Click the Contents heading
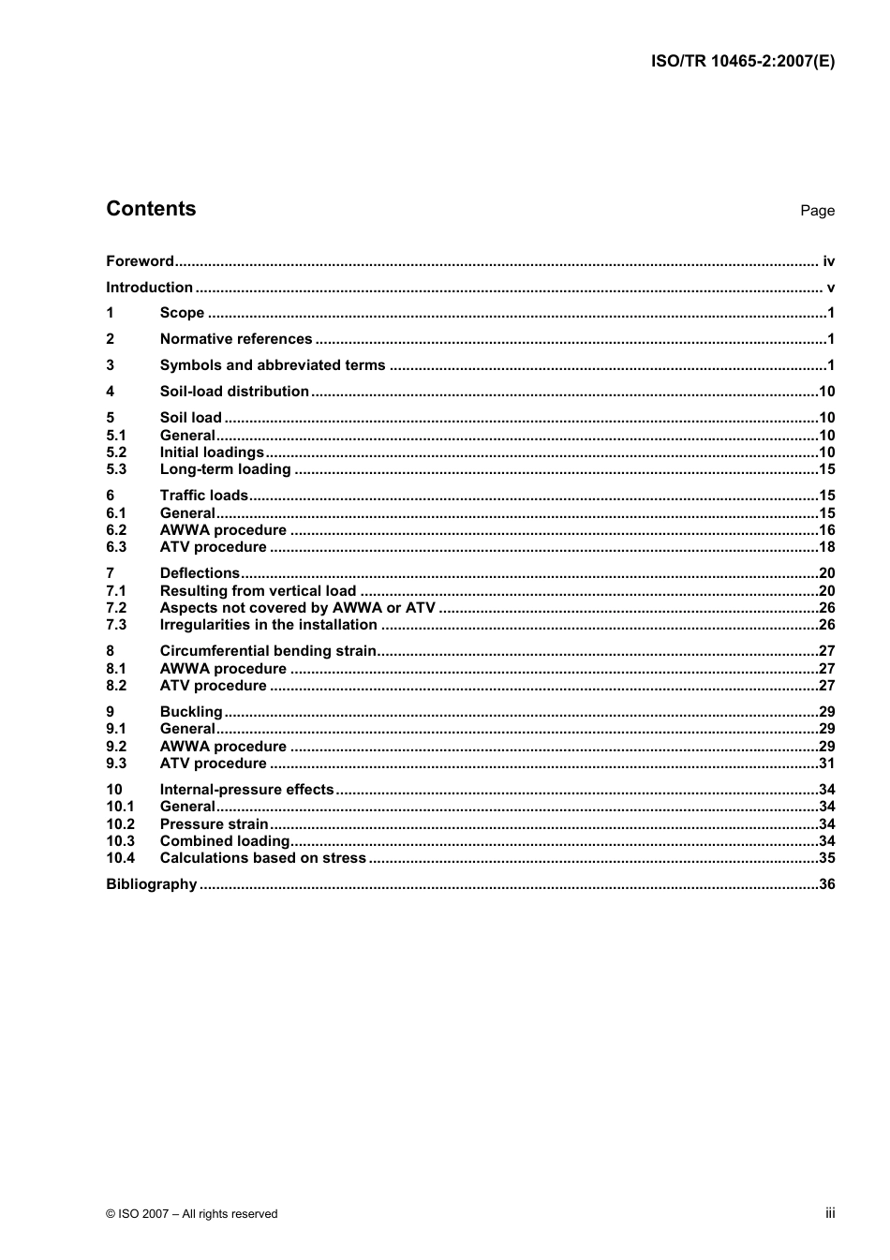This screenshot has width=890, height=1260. point(151,209)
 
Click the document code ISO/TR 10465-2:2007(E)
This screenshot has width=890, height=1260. point(742,62)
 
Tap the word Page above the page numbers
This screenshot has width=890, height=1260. point(817,211)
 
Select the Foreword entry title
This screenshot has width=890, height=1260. point(140,261)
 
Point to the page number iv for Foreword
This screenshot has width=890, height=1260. point(828,261)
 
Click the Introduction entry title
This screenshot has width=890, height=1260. point(149,288)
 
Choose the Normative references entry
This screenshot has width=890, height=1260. point(236,339)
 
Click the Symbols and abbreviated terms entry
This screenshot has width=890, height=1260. point(273,365)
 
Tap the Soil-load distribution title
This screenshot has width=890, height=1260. point(234,392)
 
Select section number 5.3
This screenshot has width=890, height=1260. point(116,469)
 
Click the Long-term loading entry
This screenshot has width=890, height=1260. point(226,469)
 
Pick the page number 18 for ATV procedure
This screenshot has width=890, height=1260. point(826,547)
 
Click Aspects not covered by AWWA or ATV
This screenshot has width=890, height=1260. point(298,608)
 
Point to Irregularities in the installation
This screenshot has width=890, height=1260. point(269,625)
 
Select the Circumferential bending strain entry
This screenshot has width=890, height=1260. point(268,651)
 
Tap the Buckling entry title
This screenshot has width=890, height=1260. point(191,712)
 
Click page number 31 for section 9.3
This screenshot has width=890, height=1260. point(826,763)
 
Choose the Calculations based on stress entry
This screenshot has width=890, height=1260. point(263,858)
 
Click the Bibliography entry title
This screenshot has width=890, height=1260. point(152,884)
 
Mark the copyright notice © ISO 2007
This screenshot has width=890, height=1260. point(192,1213)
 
